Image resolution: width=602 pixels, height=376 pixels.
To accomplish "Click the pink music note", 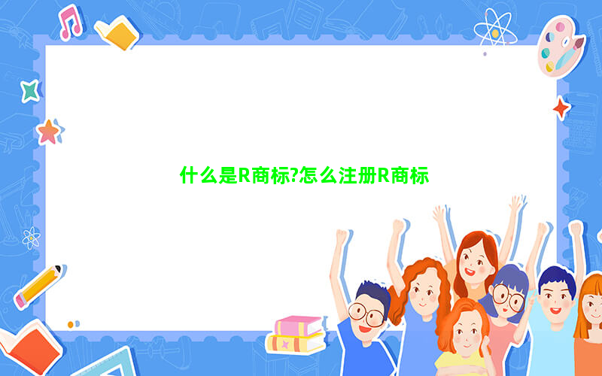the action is tap(70, 22).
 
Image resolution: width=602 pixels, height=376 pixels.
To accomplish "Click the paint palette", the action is tap(561, 47).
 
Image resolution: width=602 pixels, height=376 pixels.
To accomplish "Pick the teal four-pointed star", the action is tap(31, 91).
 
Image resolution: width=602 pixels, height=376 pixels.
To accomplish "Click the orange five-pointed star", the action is tap(49, 132).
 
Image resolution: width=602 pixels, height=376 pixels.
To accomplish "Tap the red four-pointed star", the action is tap(561, 108).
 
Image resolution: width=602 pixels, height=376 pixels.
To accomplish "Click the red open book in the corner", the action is tap(31, 348).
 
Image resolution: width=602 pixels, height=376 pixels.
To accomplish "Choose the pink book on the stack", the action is tap(299, 326).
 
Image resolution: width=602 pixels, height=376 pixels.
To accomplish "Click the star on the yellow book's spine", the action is tap(285, 344).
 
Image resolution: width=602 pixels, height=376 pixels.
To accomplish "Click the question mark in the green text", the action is tap(294, 176).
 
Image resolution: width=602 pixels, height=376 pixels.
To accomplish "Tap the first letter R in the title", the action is tap(245, 176).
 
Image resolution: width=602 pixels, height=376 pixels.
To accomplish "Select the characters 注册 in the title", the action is tap(357, 176).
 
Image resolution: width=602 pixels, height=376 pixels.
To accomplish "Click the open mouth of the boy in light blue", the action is tap(555, 311).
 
